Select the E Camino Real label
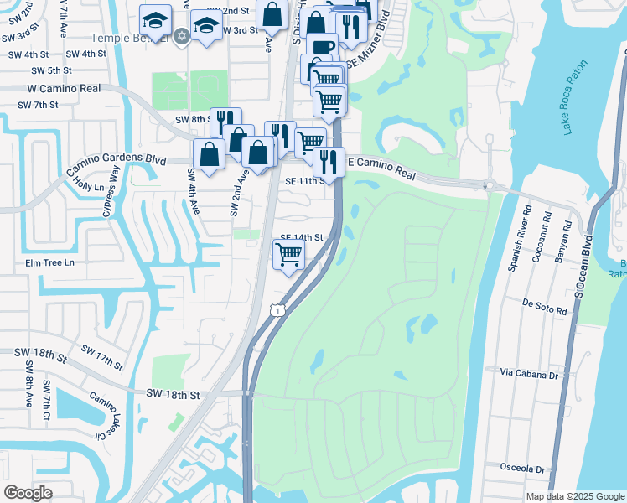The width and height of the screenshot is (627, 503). click(381, 168)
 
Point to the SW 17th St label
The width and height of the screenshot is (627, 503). click(102, 357)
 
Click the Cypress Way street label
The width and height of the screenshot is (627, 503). click(111, 192)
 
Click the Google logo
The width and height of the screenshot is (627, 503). click(28, 493)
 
